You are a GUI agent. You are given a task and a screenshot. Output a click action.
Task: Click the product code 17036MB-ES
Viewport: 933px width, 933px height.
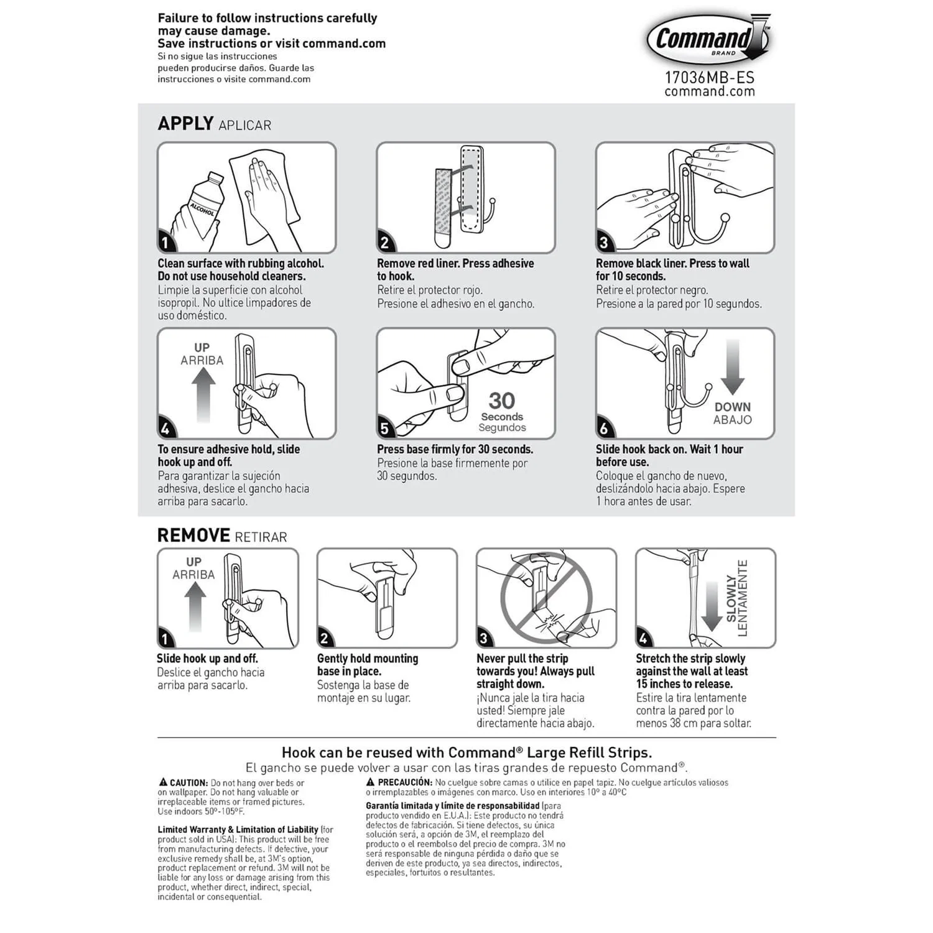pyautogui.click(x=709, y=78)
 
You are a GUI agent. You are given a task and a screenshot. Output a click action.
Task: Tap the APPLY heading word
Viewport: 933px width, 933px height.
pyautogui.click(x=185, y=123)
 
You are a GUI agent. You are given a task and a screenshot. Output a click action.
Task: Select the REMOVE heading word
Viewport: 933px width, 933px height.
pyautogui.click(x=193, y=536)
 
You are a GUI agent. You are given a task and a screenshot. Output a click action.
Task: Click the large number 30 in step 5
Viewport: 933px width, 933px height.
pyautogui.click(x=501, y=400)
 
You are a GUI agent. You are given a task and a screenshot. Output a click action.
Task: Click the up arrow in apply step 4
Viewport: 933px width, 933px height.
pyautogui.click(x=203, y=394)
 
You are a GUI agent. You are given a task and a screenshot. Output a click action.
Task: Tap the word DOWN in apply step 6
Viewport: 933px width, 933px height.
pyautogui.click(x=733, y=407)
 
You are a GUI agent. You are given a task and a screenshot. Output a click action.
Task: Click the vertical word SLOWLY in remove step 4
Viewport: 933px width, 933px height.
pyautogui.click(x=731, y=598)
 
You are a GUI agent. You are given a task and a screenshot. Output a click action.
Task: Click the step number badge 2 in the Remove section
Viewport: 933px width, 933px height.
pyautogui.click(x=325, y=639)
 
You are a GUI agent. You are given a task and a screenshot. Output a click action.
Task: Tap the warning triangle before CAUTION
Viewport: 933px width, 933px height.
pyautogui.click(x=163, y=782)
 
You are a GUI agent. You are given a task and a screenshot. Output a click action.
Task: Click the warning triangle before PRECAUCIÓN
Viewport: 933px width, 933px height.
pyautogui.click(x=371, y=782)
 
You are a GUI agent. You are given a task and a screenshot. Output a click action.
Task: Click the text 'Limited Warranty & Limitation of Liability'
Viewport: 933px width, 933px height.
pyautogui.click(x=238, y=830)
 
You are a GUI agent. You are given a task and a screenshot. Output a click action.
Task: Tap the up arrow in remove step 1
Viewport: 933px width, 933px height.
pyautogui.click(x=195, y=606)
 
